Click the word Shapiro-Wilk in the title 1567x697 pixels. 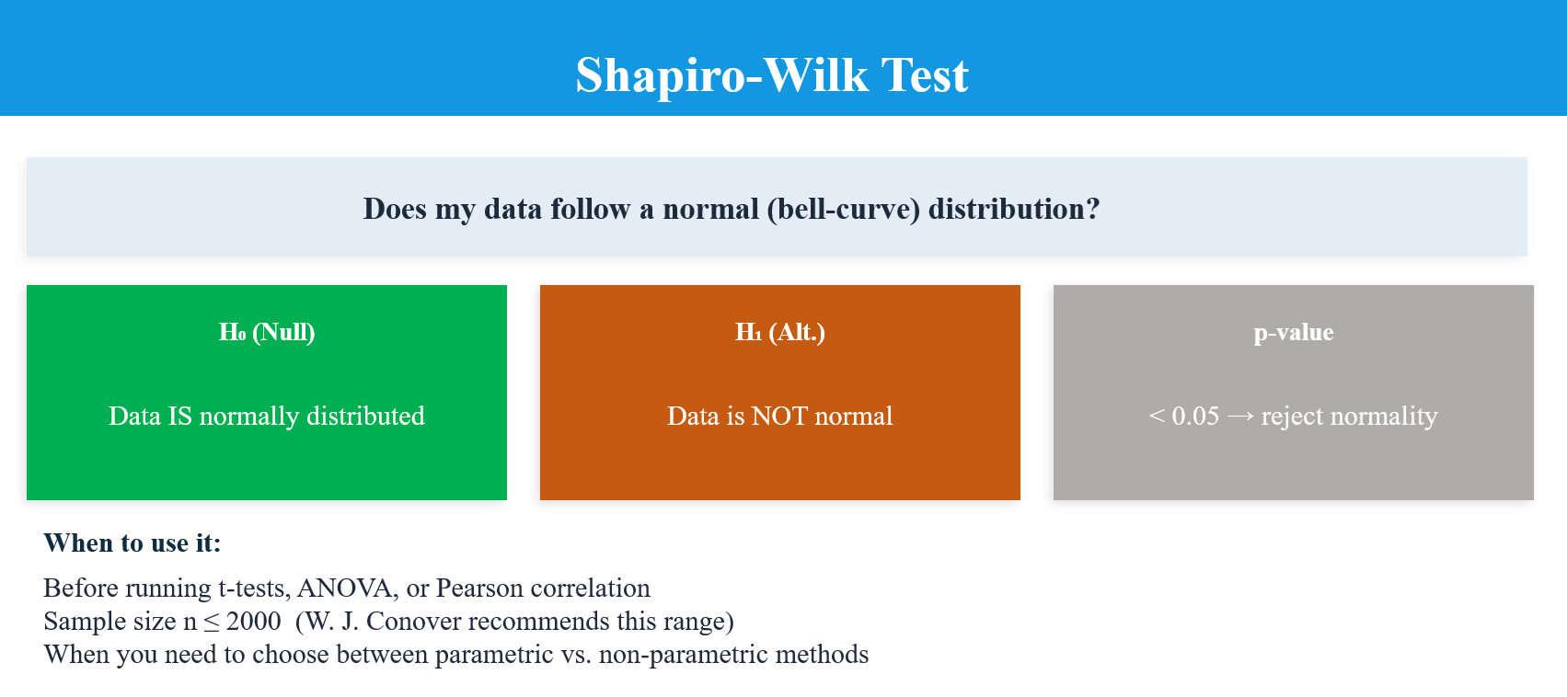pyautogui.click(x=721, y=75)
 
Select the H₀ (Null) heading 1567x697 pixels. pyautogui.click(x=267, y=332)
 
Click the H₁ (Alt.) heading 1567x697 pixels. pyautogui.click(x=780, y=332)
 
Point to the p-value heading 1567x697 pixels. pyautogui.click(x=1294, y=332)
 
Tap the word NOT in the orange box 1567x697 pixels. pyautogui.click(x=779, y=416)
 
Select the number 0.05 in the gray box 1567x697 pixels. pyautogui.click(x=1195, y=416)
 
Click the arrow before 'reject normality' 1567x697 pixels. pyautogui.click(x=1240, y=417)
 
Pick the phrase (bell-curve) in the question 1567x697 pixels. pyautogui.click(x=843, y=209)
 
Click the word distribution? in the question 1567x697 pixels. pyautogui.click(x=1014, y=209)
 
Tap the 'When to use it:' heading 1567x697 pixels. pyautogui.click(x=133, y=543)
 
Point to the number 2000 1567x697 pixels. pyautogui.click(x=253, y=621)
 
